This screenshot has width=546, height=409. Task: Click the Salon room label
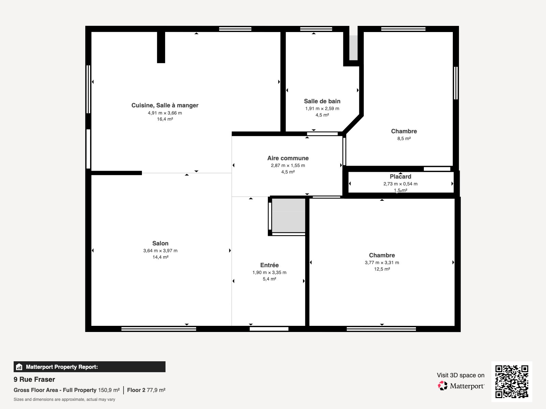(x=160, y=243)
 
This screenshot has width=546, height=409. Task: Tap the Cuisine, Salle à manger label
(x=165, y=105)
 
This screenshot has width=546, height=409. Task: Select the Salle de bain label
(x=322, y=101)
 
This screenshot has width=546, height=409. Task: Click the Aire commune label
(x=288, y=158)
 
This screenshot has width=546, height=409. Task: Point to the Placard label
(x=400, y=177)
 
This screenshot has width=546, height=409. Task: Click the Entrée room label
(x=269, y=265)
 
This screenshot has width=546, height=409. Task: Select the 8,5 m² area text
(x=404, y=139)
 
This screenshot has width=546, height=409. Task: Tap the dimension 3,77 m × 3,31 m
(x=382, y=262)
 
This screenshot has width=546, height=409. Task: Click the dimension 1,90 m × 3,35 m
(x=269, y=272)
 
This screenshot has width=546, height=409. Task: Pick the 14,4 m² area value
(x=160, y=257)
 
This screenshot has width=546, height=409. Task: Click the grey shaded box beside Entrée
(x=288, y=215)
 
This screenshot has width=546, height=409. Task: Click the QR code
(x=512, y=381)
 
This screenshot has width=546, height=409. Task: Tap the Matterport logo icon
(x=443, y=386)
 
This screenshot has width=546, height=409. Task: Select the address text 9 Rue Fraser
(x=34, y=379)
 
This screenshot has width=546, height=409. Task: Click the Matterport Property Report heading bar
(x=89, y=367)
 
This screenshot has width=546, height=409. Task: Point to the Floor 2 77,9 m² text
(x=146, y=390)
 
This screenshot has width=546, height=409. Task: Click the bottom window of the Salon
(x=159, y=329)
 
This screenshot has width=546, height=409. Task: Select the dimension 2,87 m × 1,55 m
(x=288, y=165)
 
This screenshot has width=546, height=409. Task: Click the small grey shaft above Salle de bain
(x=353, y=48)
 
